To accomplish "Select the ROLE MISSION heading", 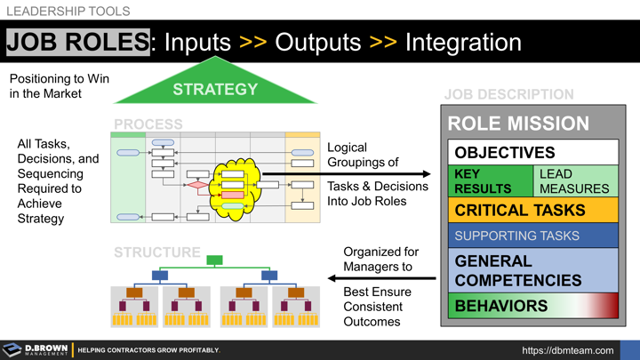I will pos(517,124).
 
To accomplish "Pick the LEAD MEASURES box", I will pos(575,181).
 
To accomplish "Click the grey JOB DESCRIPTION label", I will pos(508,94).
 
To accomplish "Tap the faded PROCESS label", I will pos(148,124).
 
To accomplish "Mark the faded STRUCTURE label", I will pos(157,252).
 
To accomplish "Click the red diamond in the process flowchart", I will pos(197,186).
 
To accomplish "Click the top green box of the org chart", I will pos(214,260).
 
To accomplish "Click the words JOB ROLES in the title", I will pos(77,42).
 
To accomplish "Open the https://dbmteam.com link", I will pos(567,350).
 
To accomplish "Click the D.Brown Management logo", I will pos(36,350).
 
